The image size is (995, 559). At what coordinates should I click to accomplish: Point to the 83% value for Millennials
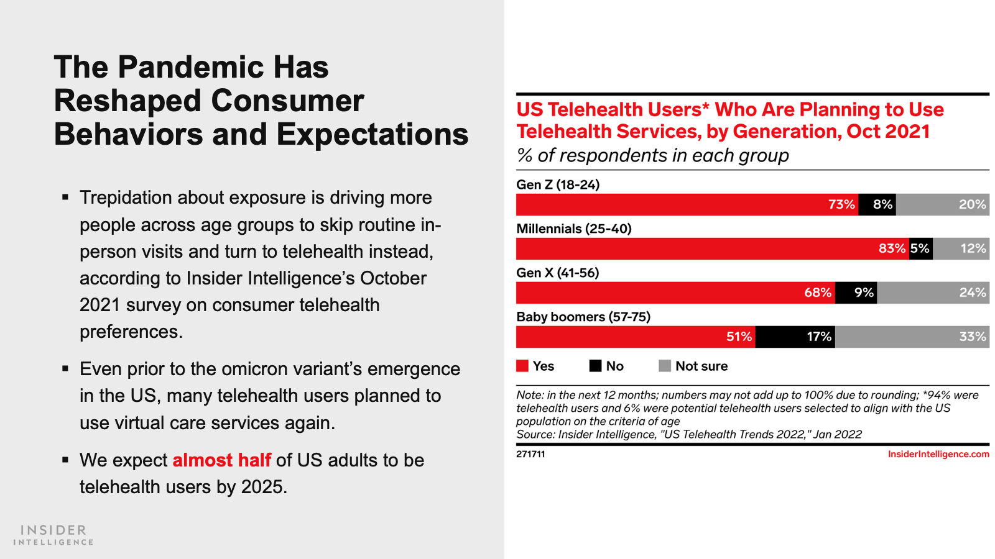[892, 248]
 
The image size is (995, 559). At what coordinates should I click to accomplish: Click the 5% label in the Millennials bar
[920, 248]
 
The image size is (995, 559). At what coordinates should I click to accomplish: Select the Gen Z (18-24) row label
[558, 184]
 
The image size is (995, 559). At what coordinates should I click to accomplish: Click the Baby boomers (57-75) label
[583, 317]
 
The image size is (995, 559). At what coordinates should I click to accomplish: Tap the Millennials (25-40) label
[574, 229]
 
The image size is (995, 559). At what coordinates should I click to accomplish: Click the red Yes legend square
[522, 366]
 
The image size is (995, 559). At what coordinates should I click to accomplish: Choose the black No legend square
[595, 366]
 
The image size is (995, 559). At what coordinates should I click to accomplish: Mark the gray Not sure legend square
[665, 366]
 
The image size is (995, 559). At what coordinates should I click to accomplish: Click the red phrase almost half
[221, 460]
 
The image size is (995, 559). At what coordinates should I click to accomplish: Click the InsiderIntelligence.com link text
[938, 454]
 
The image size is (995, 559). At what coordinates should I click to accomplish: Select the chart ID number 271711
[530, 454]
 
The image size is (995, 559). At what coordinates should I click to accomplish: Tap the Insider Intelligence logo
[53, 535]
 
